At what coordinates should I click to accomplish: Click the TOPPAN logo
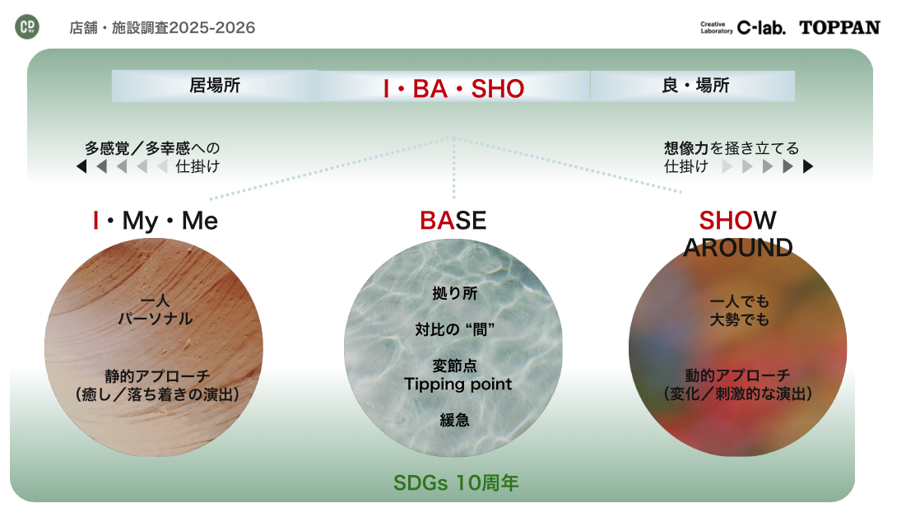pyautogui.click(x=839, y=28)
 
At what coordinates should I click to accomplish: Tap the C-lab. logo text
pyautogui.click(x=761, y=28)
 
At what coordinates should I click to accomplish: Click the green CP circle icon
pyautogui.click(x=27, y=26)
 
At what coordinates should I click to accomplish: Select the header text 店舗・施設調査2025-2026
pyautogui.click(x=162, y=28)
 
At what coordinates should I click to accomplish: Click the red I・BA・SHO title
pyautogui.click(x=453, y=88)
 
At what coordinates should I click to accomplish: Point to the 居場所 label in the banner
pyautogui.click(x=215, y=86)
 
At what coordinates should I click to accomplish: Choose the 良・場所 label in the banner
pyautogui.click(x=695, y=86)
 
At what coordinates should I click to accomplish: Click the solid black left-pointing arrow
pyautogui.click(x=81, y=166)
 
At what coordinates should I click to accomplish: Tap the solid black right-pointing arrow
pyautogui.click(x=808, y=166)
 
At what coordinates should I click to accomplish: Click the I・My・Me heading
pyautogui.click(x=156, y=221)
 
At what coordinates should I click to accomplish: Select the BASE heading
pyautogui.click(x=453, y=220)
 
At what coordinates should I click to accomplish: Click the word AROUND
pyautogui.click(x=738, y=247)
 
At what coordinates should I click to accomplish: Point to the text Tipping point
pyautogui.click(x=458, y=384)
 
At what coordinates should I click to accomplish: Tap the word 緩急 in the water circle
pyautogui.click(x=455, y=420)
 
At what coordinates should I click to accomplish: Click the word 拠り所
pyautogui.click(x=455, y=294)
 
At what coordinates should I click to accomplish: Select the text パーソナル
pyautogui.click(x=156, y=319)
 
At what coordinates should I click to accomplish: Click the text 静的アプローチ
pyautogui.click(x=157, y=376)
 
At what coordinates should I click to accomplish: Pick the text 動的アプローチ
pyautogui.click(x=738, y=375)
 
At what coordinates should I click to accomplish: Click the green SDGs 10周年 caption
pyautogui.click(x=456, y=482)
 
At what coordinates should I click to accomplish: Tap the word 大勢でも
pyautogui.click(x=740, y=319)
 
